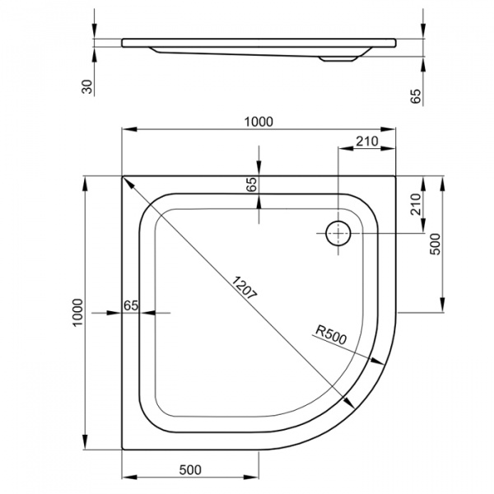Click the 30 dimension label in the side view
(x=87, y=86)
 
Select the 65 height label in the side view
(x=416, y=96)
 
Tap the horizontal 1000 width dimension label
(x=259, y=122)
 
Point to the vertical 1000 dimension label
(x=78, y=313)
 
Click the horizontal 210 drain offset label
(x=367, y=142)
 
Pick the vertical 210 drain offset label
(x=416, y=204)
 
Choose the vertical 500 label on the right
(x=436, y=245)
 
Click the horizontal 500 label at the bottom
(x=190, y=470)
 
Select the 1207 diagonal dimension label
(x=245, y=287)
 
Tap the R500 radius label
(x=331, y=334)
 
